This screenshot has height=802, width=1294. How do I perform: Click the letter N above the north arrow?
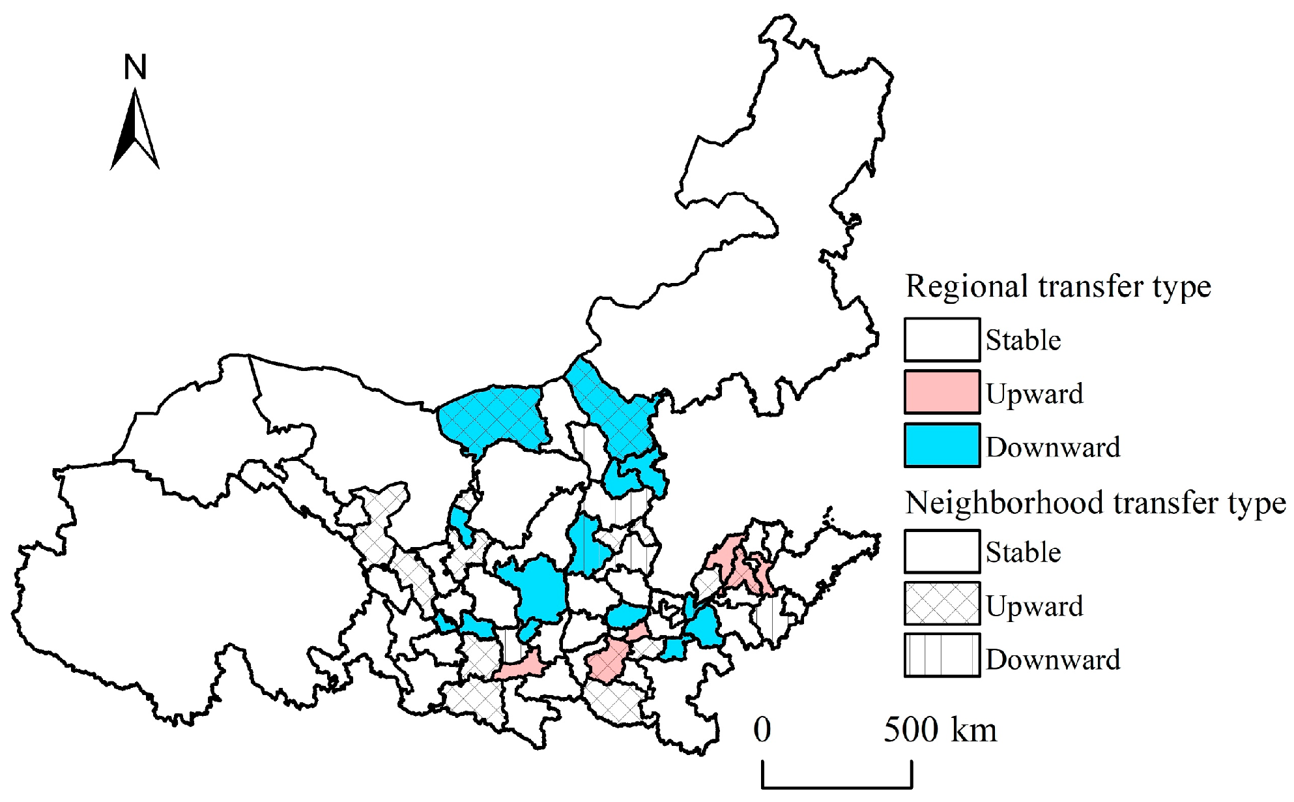tap(136, 67)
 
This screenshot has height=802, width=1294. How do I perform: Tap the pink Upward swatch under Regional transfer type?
tap(942, 392)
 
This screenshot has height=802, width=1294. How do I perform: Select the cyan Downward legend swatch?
tap(942, 445)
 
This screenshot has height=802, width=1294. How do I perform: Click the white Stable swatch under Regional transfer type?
tap(942, 340)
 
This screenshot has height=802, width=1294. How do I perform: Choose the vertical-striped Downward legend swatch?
tap(942, 655)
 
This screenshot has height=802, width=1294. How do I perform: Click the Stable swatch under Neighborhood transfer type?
tap(942, 552)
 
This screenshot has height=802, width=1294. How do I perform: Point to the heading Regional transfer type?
tap(1058, 286)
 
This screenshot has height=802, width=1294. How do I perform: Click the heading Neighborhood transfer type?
tap(1095, 503)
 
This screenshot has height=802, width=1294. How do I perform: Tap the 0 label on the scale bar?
tap(762, 730)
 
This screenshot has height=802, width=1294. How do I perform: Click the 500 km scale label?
tap(940, 730)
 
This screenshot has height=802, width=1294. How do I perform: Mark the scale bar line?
tap(837, 786)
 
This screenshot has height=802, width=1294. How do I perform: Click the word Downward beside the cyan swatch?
tap(1053, 447)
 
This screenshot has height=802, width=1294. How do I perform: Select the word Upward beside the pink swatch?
tap(1034, 394)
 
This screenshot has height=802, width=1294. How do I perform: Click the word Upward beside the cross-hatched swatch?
tap(1034, 606)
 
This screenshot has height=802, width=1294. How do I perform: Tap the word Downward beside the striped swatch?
tap(1053, 660)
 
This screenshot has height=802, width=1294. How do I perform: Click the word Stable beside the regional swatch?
tap(1023, 340)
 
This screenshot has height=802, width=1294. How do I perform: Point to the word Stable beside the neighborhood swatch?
tap(1023, 553)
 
